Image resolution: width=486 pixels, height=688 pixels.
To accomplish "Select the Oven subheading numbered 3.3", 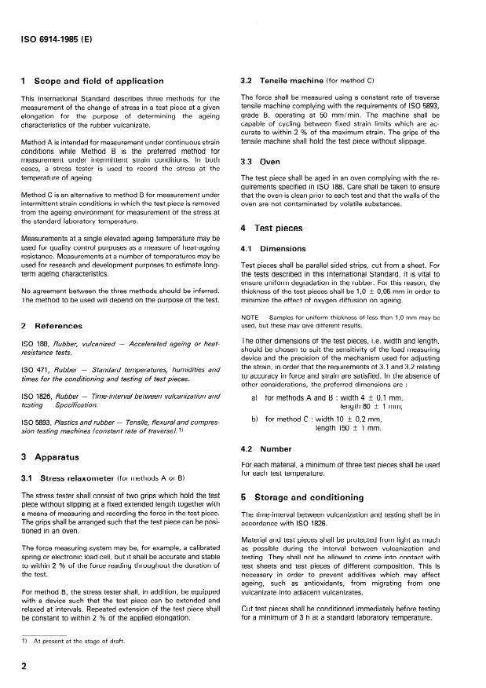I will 265,160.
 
